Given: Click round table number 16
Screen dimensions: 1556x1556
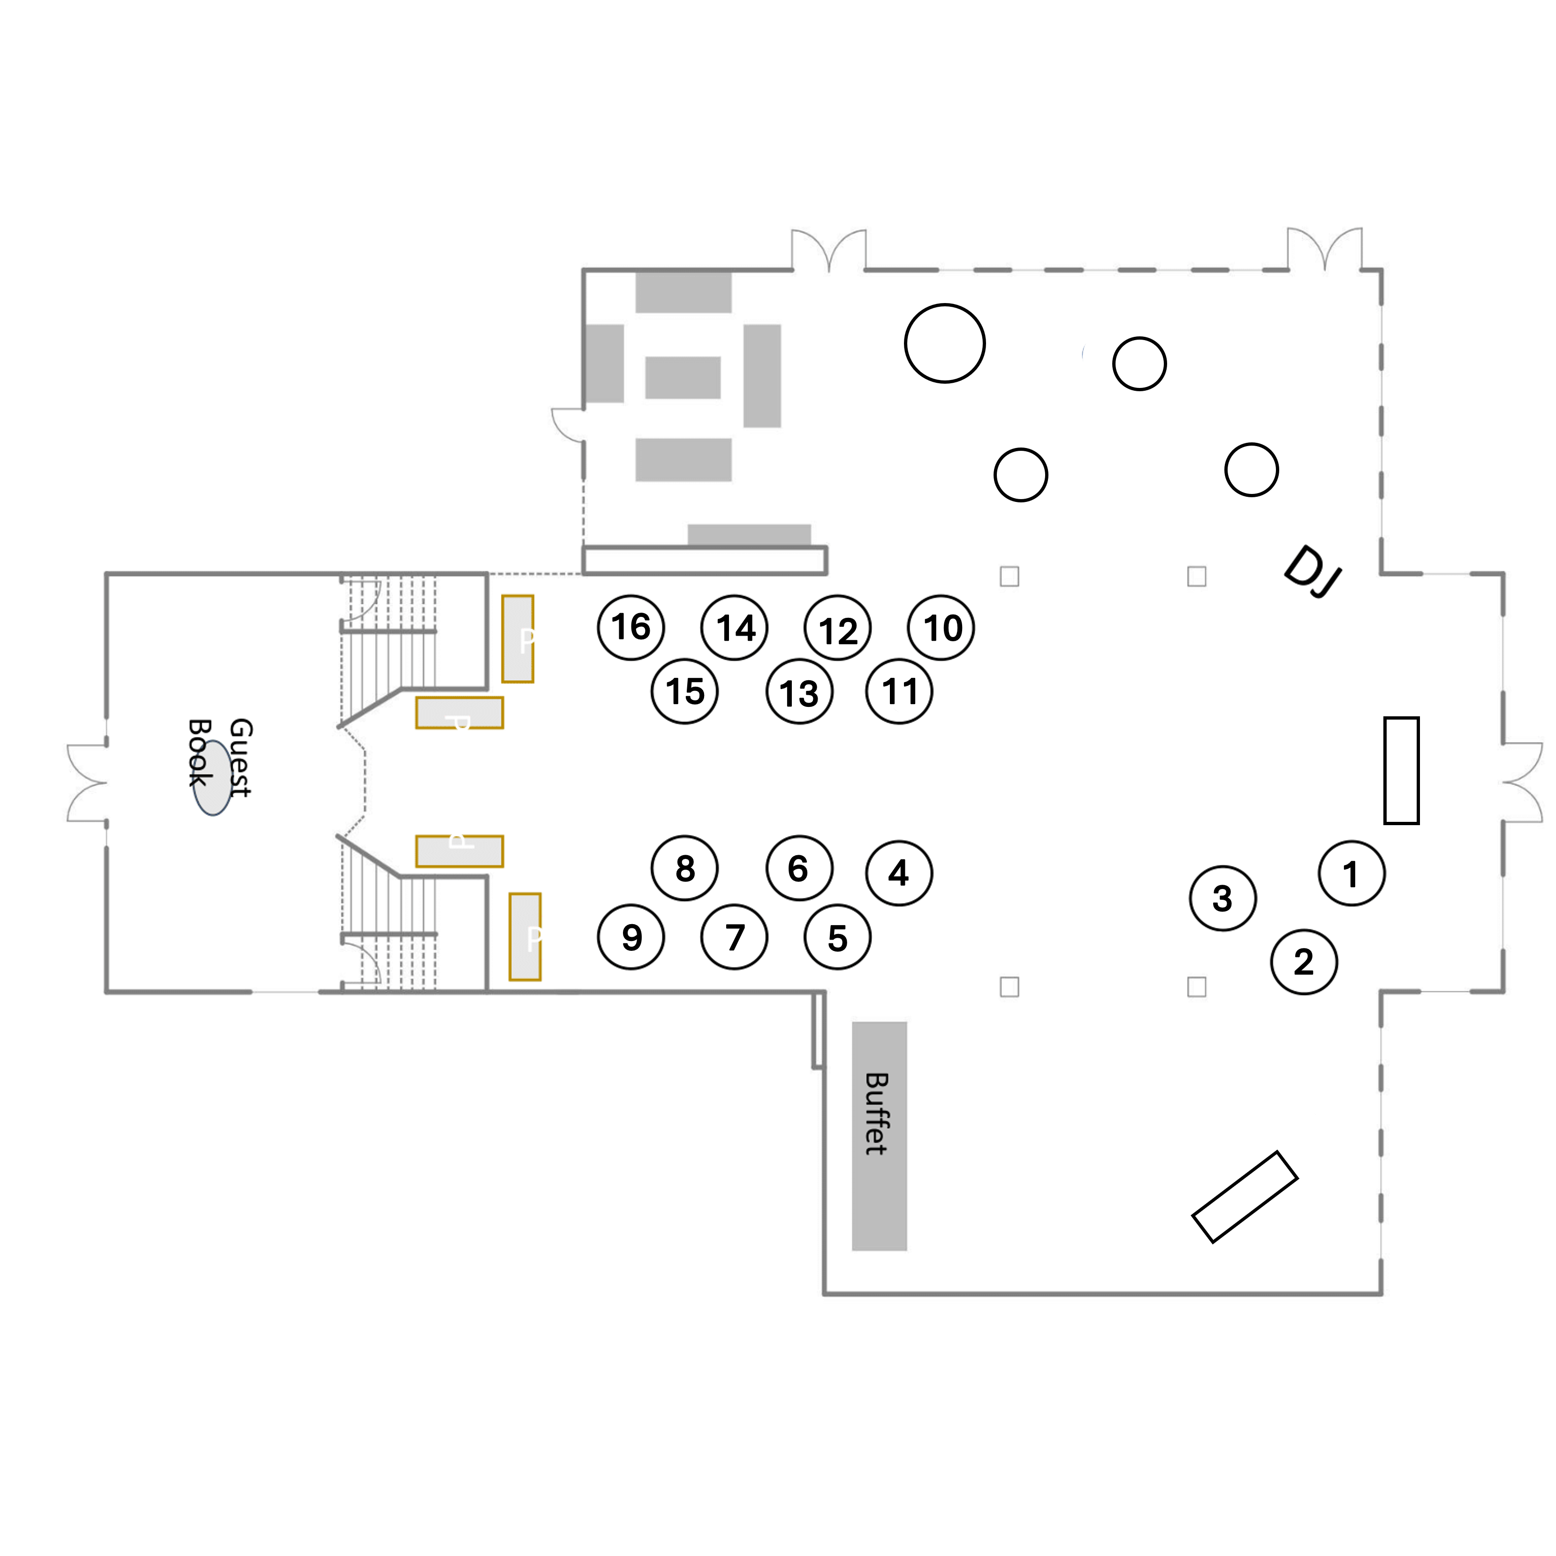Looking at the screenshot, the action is [630, 627].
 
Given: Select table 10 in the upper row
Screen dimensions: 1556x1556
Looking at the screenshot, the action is [941, 627].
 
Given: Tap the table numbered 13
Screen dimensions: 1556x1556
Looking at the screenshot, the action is [799, 692].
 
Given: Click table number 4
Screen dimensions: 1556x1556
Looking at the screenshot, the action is [899, 873].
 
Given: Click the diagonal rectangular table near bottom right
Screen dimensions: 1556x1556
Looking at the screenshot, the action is [1245, 1197].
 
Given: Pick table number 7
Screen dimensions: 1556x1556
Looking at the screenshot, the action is [734, 937].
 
